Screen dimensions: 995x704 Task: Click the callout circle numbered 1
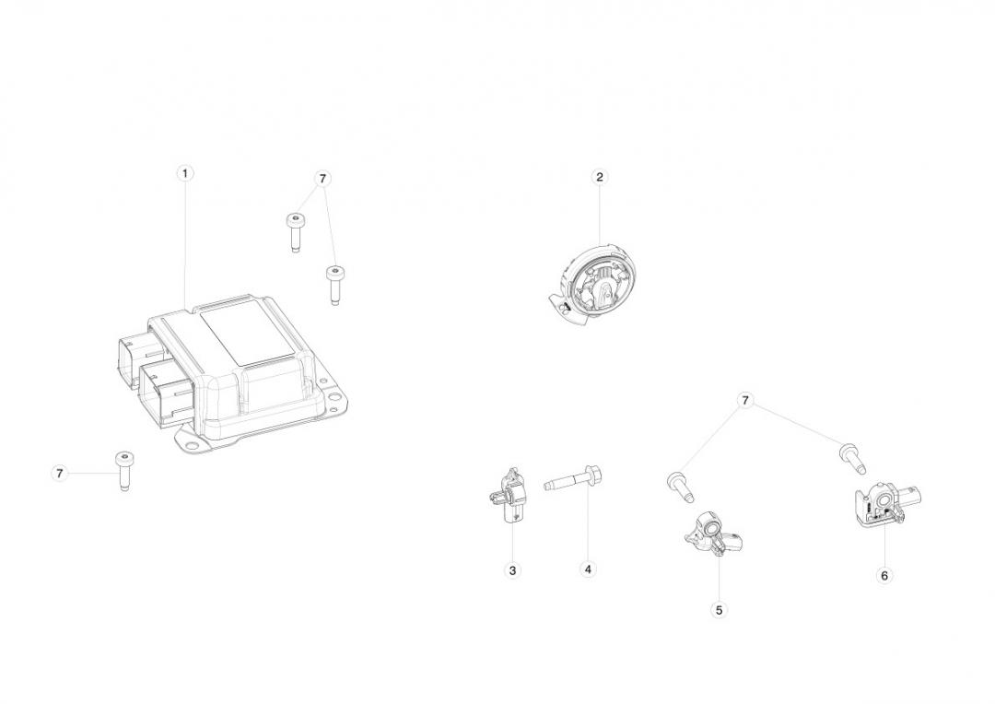pyautogui.click(x=184, y=173)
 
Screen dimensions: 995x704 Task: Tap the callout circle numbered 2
pyautogui.click(x=599, y=177)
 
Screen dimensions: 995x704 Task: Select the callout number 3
pyautogui.click(x=512, y=570)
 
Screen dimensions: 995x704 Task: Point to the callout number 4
pyautogui.click(x=588, y=569)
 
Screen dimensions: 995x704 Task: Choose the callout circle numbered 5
pyautogui.click(x=719, y=610)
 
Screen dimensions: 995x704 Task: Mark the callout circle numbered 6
pyautogui.click(x=884, y=576)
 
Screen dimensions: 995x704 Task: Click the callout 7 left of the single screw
pyautogui.click(x=60, y=473)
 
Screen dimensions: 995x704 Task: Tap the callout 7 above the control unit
pyautogui.click(x=322, y=179)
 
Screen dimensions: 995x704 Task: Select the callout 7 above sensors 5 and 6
pyautogui.click(x=745, y=401)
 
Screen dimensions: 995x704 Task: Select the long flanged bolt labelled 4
pyautogui.click(x=573, y=480)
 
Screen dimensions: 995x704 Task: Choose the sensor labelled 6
pyautogui.click(x=884, y=504)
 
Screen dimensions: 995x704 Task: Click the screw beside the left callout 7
pyautogui.click(x=124, y=471)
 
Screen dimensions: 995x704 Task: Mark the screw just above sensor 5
pyautogui.click(x=680, y=487)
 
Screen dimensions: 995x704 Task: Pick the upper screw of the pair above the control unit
pyautogui.click(x=294, y=232)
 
